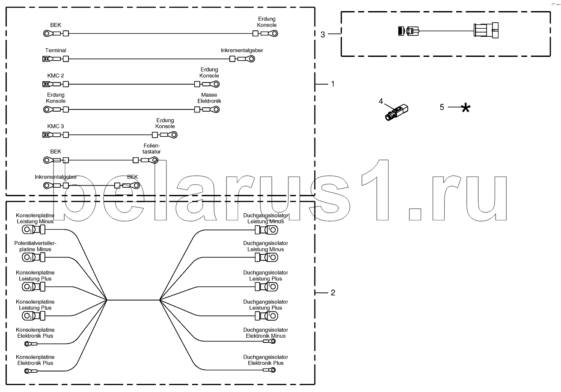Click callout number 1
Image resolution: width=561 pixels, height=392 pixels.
click(332, 84)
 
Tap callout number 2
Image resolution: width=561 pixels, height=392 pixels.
click(333, 292)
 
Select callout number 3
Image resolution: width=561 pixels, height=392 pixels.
click(323, 35)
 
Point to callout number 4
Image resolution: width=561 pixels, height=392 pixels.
click(381, 101)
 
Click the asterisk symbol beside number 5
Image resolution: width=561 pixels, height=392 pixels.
click(466, 108)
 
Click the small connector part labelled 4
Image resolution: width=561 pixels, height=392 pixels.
click(396, 112)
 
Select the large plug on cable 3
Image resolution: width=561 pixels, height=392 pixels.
click(486, 30)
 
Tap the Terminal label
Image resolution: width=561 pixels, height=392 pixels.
click(56, 50)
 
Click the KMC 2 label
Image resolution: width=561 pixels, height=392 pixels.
click(56, 76)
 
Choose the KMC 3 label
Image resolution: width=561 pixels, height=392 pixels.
click(56, 126)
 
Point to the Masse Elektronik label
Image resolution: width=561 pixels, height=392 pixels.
click(209, 98)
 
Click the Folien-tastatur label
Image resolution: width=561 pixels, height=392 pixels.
click(151, 149)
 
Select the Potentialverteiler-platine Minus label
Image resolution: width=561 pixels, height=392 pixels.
click(36, 246)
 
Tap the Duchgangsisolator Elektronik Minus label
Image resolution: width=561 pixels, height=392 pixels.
click(266, 333)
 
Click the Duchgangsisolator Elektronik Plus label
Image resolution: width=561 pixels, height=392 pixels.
click(266, 360)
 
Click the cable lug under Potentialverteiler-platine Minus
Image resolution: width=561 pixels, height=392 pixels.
click(33, 257)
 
